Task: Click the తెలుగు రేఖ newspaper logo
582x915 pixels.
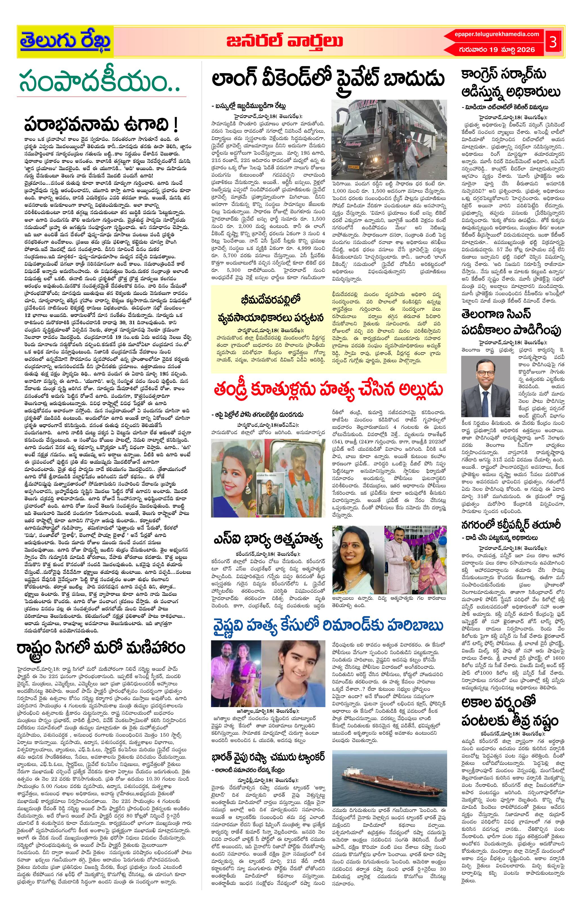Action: [65, 41]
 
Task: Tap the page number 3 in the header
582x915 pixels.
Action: [553, 42]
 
